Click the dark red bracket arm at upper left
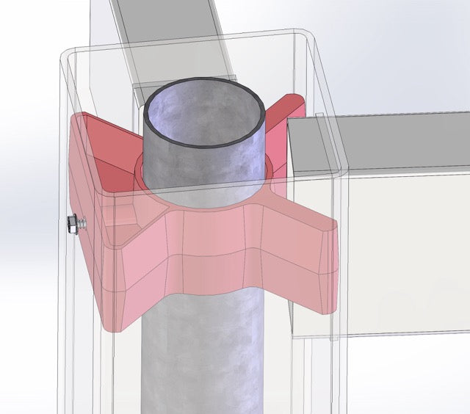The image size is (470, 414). [x=103, y=147]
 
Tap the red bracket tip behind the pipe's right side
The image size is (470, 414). [x=283, y=117]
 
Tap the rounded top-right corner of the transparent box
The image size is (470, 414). [x=305, y=37]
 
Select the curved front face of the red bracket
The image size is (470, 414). [x=213, y=250]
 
